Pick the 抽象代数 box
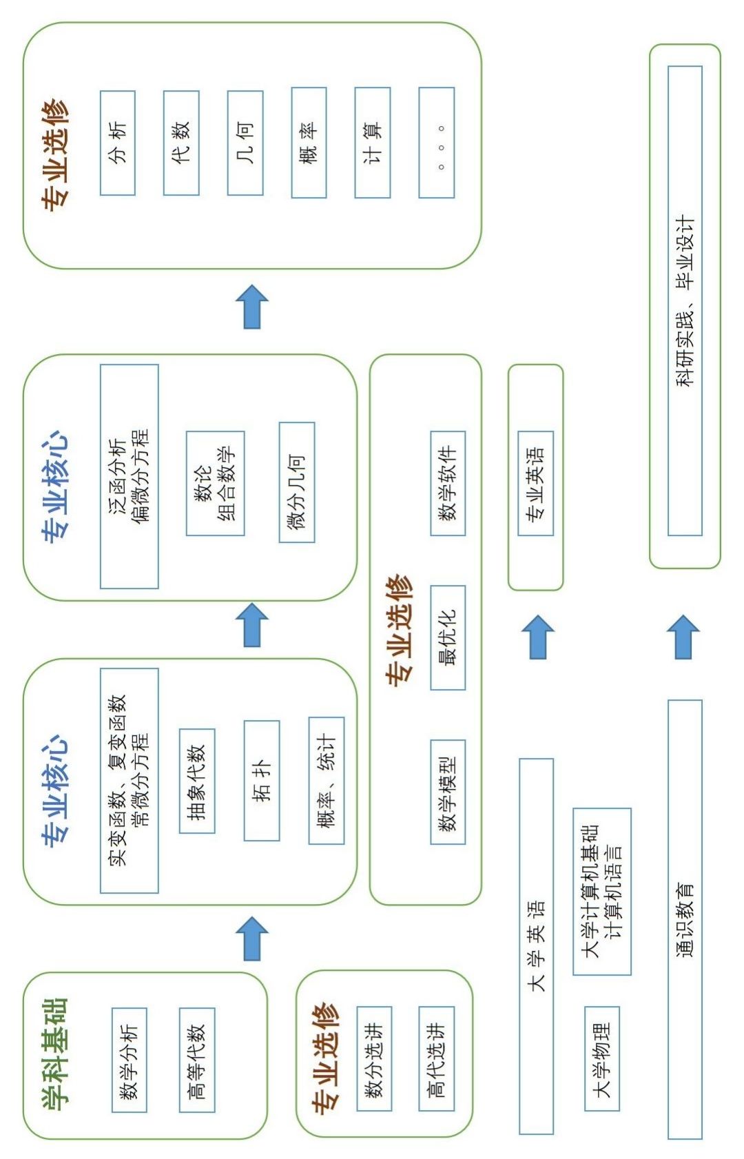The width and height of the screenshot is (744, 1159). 197,781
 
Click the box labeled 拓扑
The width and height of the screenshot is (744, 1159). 262,781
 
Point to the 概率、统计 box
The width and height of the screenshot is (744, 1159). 327,781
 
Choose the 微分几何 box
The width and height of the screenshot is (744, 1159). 297,482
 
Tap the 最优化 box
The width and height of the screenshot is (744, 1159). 448,637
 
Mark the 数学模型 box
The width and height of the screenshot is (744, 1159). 448,792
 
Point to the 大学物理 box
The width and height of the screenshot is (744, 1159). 602,1058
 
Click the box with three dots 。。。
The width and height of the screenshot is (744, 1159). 437,143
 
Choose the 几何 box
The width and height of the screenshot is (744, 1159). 245,143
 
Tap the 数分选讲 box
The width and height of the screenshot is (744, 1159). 374,1058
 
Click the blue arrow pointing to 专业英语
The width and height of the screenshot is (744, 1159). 538,637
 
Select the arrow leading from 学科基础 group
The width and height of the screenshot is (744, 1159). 252,938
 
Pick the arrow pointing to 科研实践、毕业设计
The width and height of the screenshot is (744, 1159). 683,637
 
